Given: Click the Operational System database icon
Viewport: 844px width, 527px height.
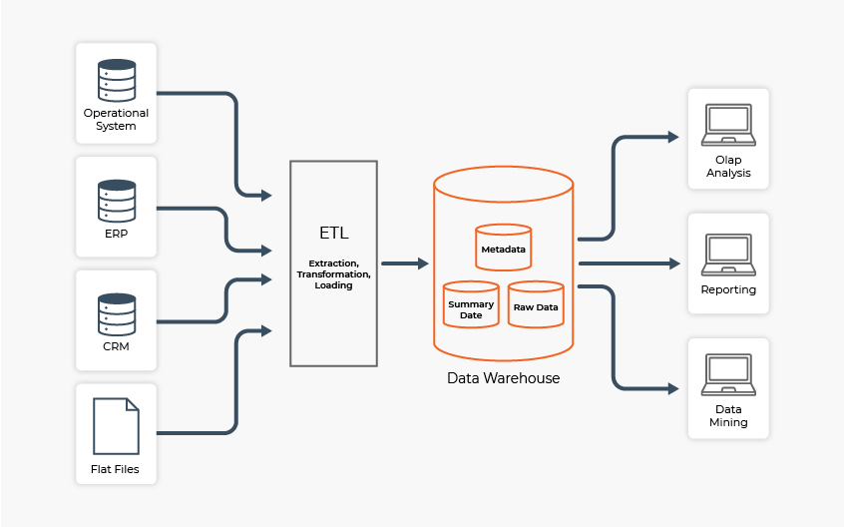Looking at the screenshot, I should pos(116,81).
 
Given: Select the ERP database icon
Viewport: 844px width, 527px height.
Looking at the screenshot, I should pos(116,201).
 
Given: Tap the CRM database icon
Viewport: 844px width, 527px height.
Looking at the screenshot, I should pos(116,313).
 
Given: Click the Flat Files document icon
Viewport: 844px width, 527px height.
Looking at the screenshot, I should pos(116,426).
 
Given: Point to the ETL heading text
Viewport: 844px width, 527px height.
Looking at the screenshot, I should pos(333,234).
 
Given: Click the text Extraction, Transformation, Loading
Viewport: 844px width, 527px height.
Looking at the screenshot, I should pos(333,272).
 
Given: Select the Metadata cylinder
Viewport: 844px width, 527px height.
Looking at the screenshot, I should pos(503,248).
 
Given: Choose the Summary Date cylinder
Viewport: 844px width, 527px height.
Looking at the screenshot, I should pos(471,304).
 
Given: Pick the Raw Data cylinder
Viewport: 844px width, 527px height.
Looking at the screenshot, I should pos(536,304).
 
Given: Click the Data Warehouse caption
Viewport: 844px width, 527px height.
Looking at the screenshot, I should pos(503,378).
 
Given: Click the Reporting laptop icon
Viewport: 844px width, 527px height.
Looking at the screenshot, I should pos(728,254).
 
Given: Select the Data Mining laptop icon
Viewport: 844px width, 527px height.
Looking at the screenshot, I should pos(728,374).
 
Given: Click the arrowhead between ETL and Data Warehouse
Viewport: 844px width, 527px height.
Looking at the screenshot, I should pos(423,263).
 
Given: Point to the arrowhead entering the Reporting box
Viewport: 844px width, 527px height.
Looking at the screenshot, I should pos(674,263).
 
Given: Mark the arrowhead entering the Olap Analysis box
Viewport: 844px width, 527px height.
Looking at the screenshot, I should pos(674,135).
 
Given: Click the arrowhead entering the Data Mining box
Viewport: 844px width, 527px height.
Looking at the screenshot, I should pos(674,388).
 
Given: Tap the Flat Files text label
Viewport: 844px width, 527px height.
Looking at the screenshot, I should pos(116,468).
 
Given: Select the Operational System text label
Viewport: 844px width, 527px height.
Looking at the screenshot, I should pos(116,120).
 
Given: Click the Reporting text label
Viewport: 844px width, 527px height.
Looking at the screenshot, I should pos(728,289).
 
